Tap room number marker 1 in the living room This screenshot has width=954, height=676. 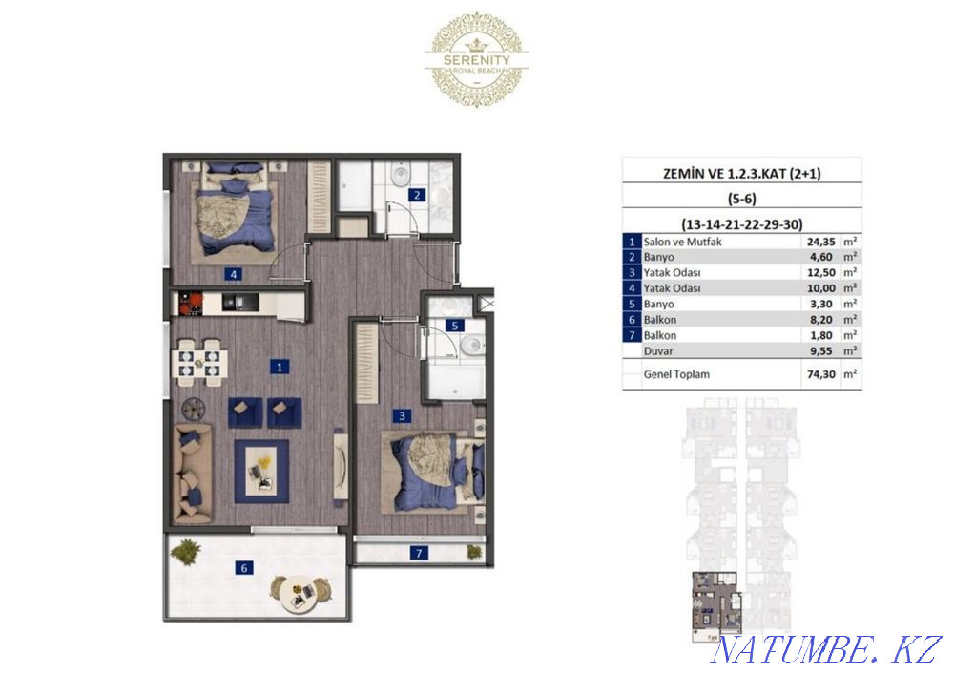point(279,366)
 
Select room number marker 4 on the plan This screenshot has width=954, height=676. point(233,274)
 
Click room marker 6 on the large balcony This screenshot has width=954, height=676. point(245,568)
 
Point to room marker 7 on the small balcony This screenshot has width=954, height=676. point(417,552)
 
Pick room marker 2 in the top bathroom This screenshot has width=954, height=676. point(416,196)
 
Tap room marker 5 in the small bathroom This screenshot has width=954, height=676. point(455,326)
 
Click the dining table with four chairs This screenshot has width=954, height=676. point(199,361)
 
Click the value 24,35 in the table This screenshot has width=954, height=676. point(820,243)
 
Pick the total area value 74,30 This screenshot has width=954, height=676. point(820,375)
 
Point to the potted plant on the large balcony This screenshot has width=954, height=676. point(188,551)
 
